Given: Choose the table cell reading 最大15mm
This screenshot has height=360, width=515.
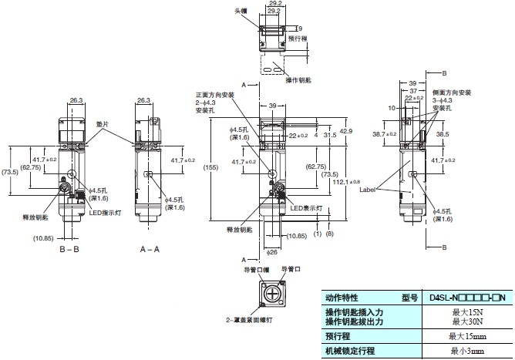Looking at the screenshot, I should coord(466,336).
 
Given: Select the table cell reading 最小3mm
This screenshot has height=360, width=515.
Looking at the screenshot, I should coord(466,352).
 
